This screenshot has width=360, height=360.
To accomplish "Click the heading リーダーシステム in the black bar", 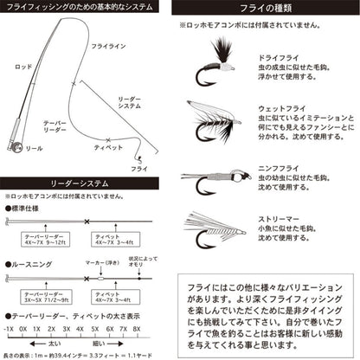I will point(84,184).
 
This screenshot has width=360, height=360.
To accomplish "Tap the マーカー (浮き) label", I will point(103,262).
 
